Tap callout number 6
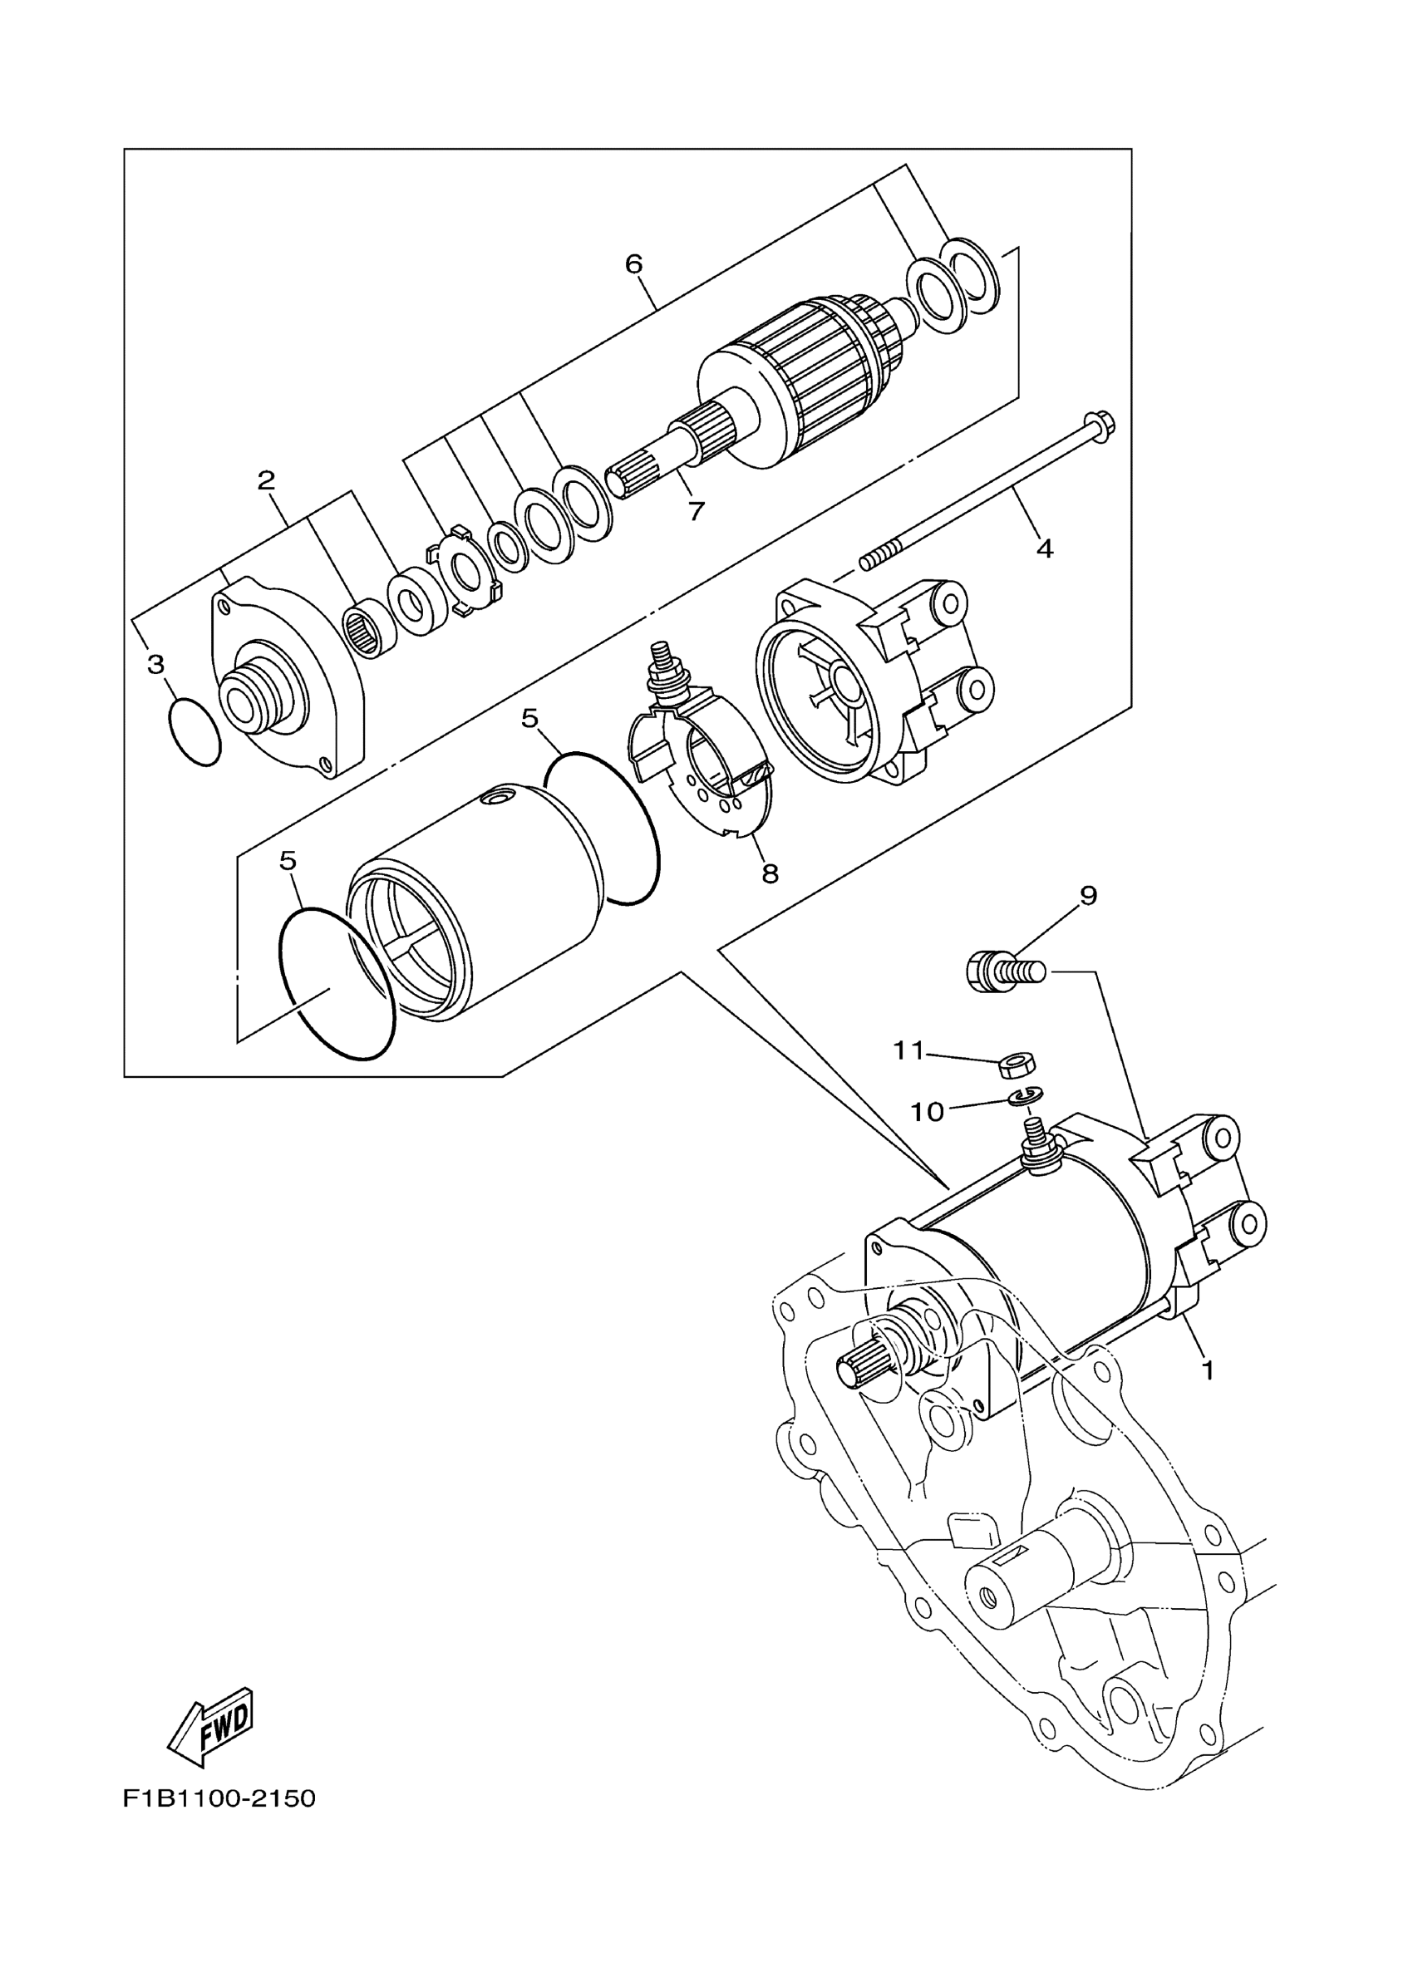tap(633, 263)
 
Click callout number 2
tap(266, 480)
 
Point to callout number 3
tap(155, 665)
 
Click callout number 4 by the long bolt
tap(1045, 548)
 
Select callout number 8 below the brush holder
tap(770, 873)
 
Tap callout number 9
tap(1089, 895)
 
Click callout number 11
tap(908, 1051)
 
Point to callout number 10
tap(927, 1112)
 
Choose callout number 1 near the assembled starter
tap(1208, 1370)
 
